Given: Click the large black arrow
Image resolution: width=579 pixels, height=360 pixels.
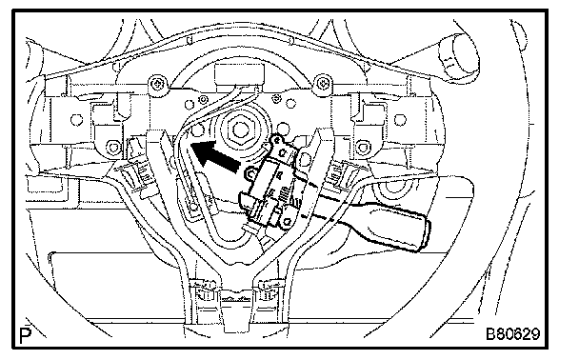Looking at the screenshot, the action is [x=215, y=156].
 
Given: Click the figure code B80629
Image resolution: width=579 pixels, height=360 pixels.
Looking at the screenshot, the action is [x=512, y=333].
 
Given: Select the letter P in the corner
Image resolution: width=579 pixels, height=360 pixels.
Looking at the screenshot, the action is [x=25, y=335].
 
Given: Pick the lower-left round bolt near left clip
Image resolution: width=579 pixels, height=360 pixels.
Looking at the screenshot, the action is [x=113, y=148].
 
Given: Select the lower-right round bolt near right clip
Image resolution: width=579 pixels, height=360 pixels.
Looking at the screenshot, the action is [x=364, y=148].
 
